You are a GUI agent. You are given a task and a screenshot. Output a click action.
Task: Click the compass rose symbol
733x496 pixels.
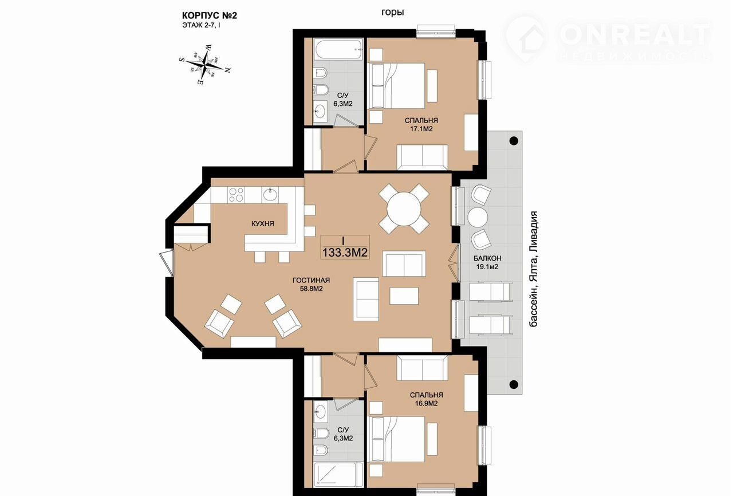coord(205,64)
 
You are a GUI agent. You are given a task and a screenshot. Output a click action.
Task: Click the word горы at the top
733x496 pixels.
coord(392,12)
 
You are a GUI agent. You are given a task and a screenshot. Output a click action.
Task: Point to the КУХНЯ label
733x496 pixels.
coord(263,224)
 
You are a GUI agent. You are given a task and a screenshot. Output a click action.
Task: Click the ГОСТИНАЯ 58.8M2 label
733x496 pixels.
coord(311,284)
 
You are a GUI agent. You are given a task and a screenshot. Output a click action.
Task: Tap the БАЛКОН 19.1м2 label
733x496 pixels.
coord(487,262)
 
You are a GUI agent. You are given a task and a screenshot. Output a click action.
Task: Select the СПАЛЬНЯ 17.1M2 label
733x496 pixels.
coord(421,125)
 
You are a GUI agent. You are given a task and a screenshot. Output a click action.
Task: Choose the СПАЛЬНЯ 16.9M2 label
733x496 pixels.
coord(427,399)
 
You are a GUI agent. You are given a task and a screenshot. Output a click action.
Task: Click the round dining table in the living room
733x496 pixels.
coord(404,208)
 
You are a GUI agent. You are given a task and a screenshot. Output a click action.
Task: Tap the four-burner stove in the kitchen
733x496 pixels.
coord(237,195)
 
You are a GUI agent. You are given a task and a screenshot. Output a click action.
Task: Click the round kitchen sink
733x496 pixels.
coord(270,195)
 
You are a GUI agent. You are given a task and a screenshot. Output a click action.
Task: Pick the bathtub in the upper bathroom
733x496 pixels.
coord(338,49)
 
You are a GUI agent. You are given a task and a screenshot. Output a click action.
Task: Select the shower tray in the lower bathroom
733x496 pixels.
coord(338,475)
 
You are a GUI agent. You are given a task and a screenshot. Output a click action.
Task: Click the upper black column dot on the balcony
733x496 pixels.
coord(514,141)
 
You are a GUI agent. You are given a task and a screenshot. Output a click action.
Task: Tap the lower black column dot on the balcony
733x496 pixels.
coord(514,384)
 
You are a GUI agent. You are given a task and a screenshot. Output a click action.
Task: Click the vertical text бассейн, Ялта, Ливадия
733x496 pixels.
coord(534,269)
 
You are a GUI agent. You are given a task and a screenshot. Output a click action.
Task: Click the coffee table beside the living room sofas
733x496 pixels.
coord(404,296)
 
